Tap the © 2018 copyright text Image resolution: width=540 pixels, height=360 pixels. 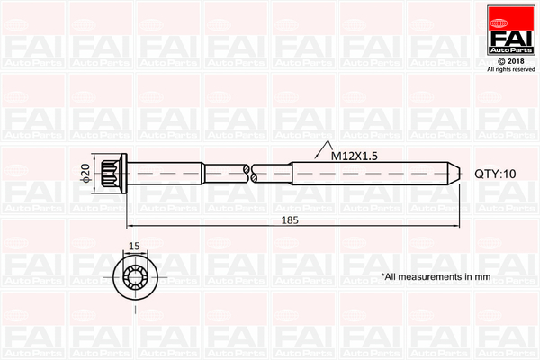click(x=510, y=60)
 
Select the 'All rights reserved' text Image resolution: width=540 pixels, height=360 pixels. click(x=510, y=69)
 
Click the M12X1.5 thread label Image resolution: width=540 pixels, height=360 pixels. click(x=354, y=156)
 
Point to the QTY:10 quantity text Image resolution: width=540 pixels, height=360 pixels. click(x=496, y=174)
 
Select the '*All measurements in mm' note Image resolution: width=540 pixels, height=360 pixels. click(x=436, y=276)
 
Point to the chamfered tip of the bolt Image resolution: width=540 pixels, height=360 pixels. click(x=455, y=174)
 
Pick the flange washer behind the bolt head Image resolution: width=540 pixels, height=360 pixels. click(x=126, y=174)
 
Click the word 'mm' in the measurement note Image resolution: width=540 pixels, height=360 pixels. click(x=482, y=276)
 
